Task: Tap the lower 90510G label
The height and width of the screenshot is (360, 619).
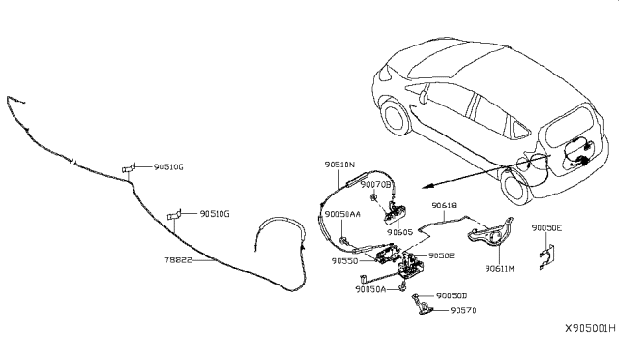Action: (x=214, y=213)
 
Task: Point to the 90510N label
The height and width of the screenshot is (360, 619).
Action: (x=339, y=165)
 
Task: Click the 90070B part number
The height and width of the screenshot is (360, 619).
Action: (x=375, y=184)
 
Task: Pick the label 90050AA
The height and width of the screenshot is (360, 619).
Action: (x=342, y=214)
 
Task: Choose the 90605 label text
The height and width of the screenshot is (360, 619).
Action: (x=399, y=232)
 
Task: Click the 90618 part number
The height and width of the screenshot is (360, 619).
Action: (x=445, y=206)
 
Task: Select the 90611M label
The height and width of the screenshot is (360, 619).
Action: (x=500, y=267)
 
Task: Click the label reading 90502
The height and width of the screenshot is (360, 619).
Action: (x=441, y=255)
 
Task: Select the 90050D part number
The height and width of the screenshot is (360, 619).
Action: (x=451, y=296)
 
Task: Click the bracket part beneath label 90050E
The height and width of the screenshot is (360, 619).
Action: (x=548, y=255)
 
